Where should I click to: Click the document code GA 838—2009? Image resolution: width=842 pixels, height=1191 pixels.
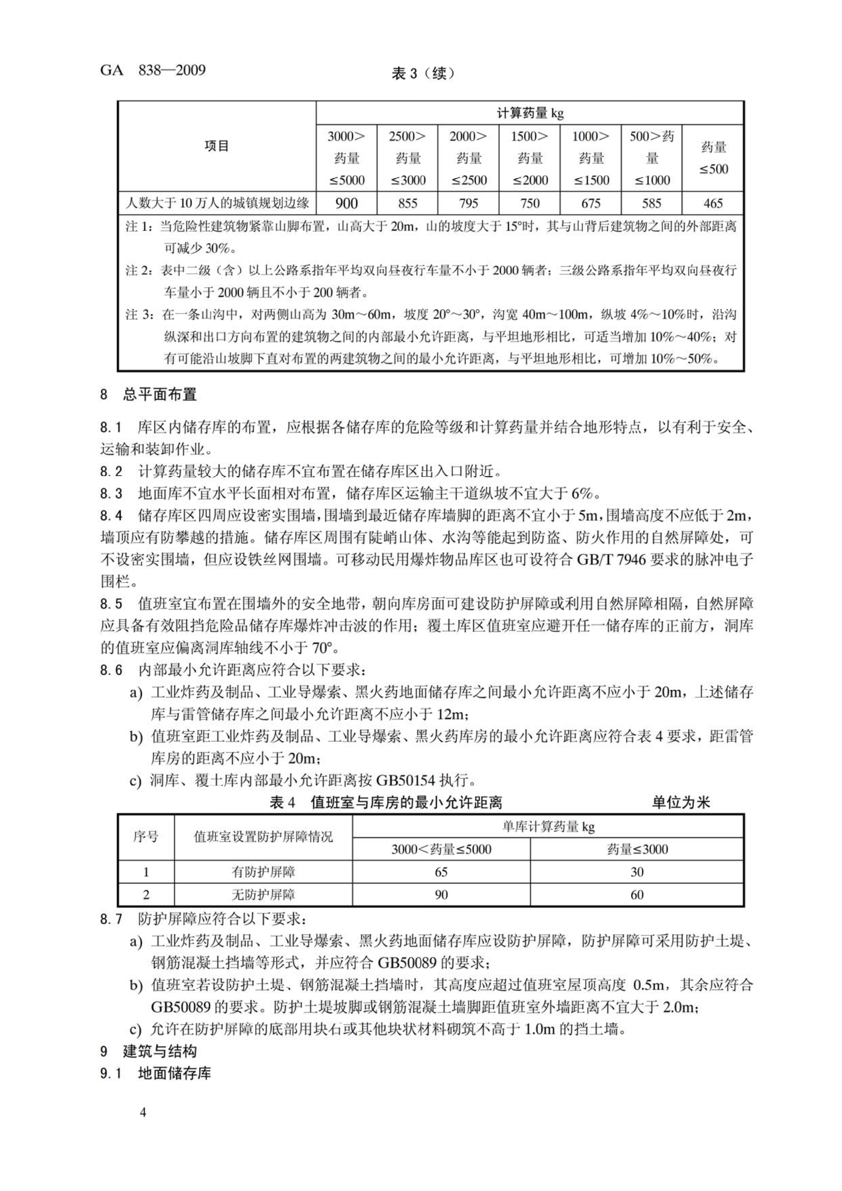(153, 71)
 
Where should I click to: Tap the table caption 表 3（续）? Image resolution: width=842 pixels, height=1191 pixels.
(423, 74)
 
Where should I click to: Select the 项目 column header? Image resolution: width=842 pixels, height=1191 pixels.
(216, 146)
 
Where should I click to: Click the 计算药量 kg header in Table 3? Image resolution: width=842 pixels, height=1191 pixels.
(530, 113)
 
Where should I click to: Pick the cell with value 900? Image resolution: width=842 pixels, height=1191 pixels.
(346, 203)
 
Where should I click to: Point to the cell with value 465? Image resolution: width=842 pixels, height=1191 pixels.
(713, 203)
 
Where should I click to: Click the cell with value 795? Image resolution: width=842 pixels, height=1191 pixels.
(469, 203)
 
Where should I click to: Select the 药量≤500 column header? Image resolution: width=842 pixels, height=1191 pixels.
(713, 158)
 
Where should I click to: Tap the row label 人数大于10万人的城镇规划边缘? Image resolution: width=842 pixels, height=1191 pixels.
(217, 203)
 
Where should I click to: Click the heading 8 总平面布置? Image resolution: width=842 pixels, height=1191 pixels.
(148, 395)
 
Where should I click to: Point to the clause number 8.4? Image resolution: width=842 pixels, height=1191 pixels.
(112, 516)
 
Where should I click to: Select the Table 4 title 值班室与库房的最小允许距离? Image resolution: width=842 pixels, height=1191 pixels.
(406, 803)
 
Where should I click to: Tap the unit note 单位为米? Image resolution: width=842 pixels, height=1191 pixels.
(681, 803)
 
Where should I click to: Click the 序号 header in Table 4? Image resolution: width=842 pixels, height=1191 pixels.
(146, 837)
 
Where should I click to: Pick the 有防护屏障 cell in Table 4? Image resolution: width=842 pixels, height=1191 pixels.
(263, 872)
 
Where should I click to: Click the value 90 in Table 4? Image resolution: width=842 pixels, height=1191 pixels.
(441, 895)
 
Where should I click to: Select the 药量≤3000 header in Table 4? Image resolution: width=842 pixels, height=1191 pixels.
(637, 849)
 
